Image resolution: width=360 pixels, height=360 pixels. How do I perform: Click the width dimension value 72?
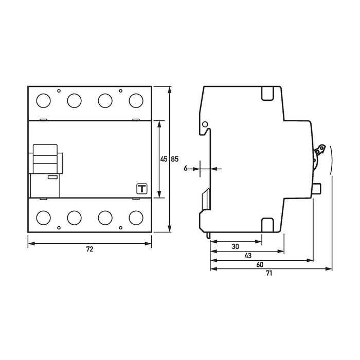click(89, 249)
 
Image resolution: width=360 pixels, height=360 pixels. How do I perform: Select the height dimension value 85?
click(174, 159)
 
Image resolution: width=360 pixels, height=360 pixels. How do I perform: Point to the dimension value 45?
click(164, 159)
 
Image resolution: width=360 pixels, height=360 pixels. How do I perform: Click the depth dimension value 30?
click(235, 246)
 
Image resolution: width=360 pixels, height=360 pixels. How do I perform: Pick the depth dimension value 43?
click(248, 256)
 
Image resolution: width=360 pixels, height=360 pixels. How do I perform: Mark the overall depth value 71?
click(268, 274)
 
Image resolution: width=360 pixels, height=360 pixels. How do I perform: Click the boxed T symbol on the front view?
click(140, 189)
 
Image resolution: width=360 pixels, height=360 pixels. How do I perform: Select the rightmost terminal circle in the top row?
click(136, 99)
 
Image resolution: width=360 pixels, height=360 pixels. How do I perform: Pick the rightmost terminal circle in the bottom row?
click(136, 217)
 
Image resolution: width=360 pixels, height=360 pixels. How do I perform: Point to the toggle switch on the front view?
click(47, 159)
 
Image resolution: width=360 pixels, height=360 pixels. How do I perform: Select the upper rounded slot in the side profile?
click(268, 93)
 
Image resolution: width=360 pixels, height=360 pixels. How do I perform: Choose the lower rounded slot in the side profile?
click(268, 225)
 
